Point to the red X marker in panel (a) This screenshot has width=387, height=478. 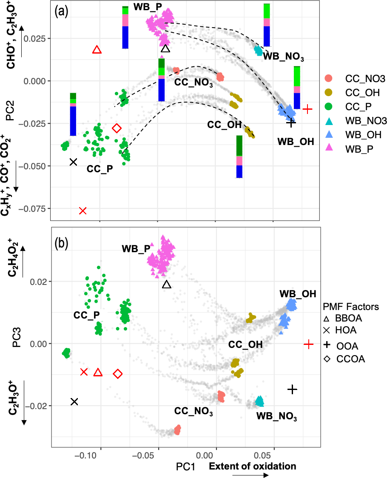pos(83,211)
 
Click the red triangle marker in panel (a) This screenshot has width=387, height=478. pos(97,50)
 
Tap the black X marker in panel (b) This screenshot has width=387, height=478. pos(74,401)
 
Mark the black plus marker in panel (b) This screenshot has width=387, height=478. pos(292,389)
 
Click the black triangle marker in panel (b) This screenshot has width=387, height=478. pos(167,285)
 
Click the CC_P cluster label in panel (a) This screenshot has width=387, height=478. pos(100,168)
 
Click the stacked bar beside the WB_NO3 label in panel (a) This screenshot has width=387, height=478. pos(267,25)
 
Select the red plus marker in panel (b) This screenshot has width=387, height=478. pos(309,344)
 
